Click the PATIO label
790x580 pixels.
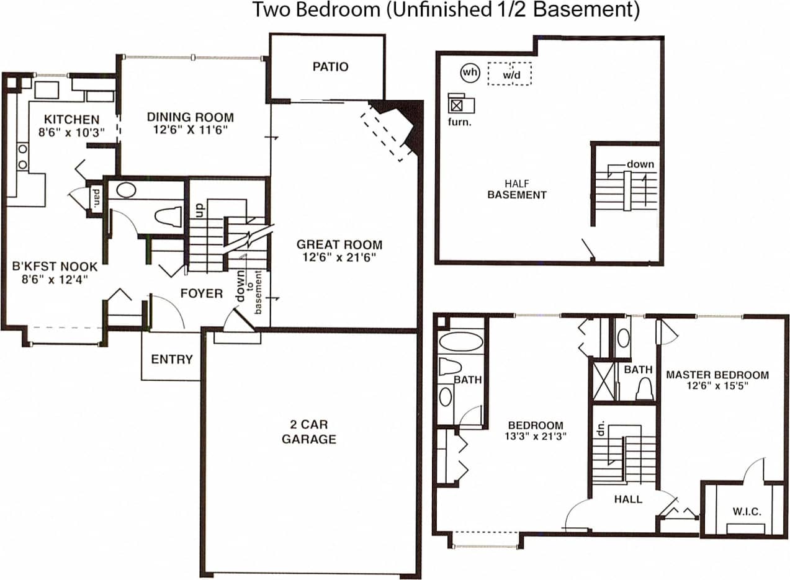pos(330,67)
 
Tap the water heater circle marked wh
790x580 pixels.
pos(470,73)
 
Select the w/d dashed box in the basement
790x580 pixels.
pos(509,74)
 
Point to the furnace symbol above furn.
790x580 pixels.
pos(457,105)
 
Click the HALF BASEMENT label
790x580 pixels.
pos(516,189)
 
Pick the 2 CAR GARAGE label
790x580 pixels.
pos(308,432)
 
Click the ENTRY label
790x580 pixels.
pos(172,359)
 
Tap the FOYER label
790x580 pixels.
pos(201,293)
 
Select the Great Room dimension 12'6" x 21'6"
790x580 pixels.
pos(339,256)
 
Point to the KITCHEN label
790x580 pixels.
pos(71,119)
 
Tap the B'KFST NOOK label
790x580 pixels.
pos(55,267)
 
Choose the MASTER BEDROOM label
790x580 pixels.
pos(717,375)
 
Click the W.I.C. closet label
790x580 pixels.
pos(747,511)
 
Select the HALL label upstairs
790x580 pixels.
pos(628,499)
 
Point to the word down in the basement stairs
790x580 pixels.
pos(640,164)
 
